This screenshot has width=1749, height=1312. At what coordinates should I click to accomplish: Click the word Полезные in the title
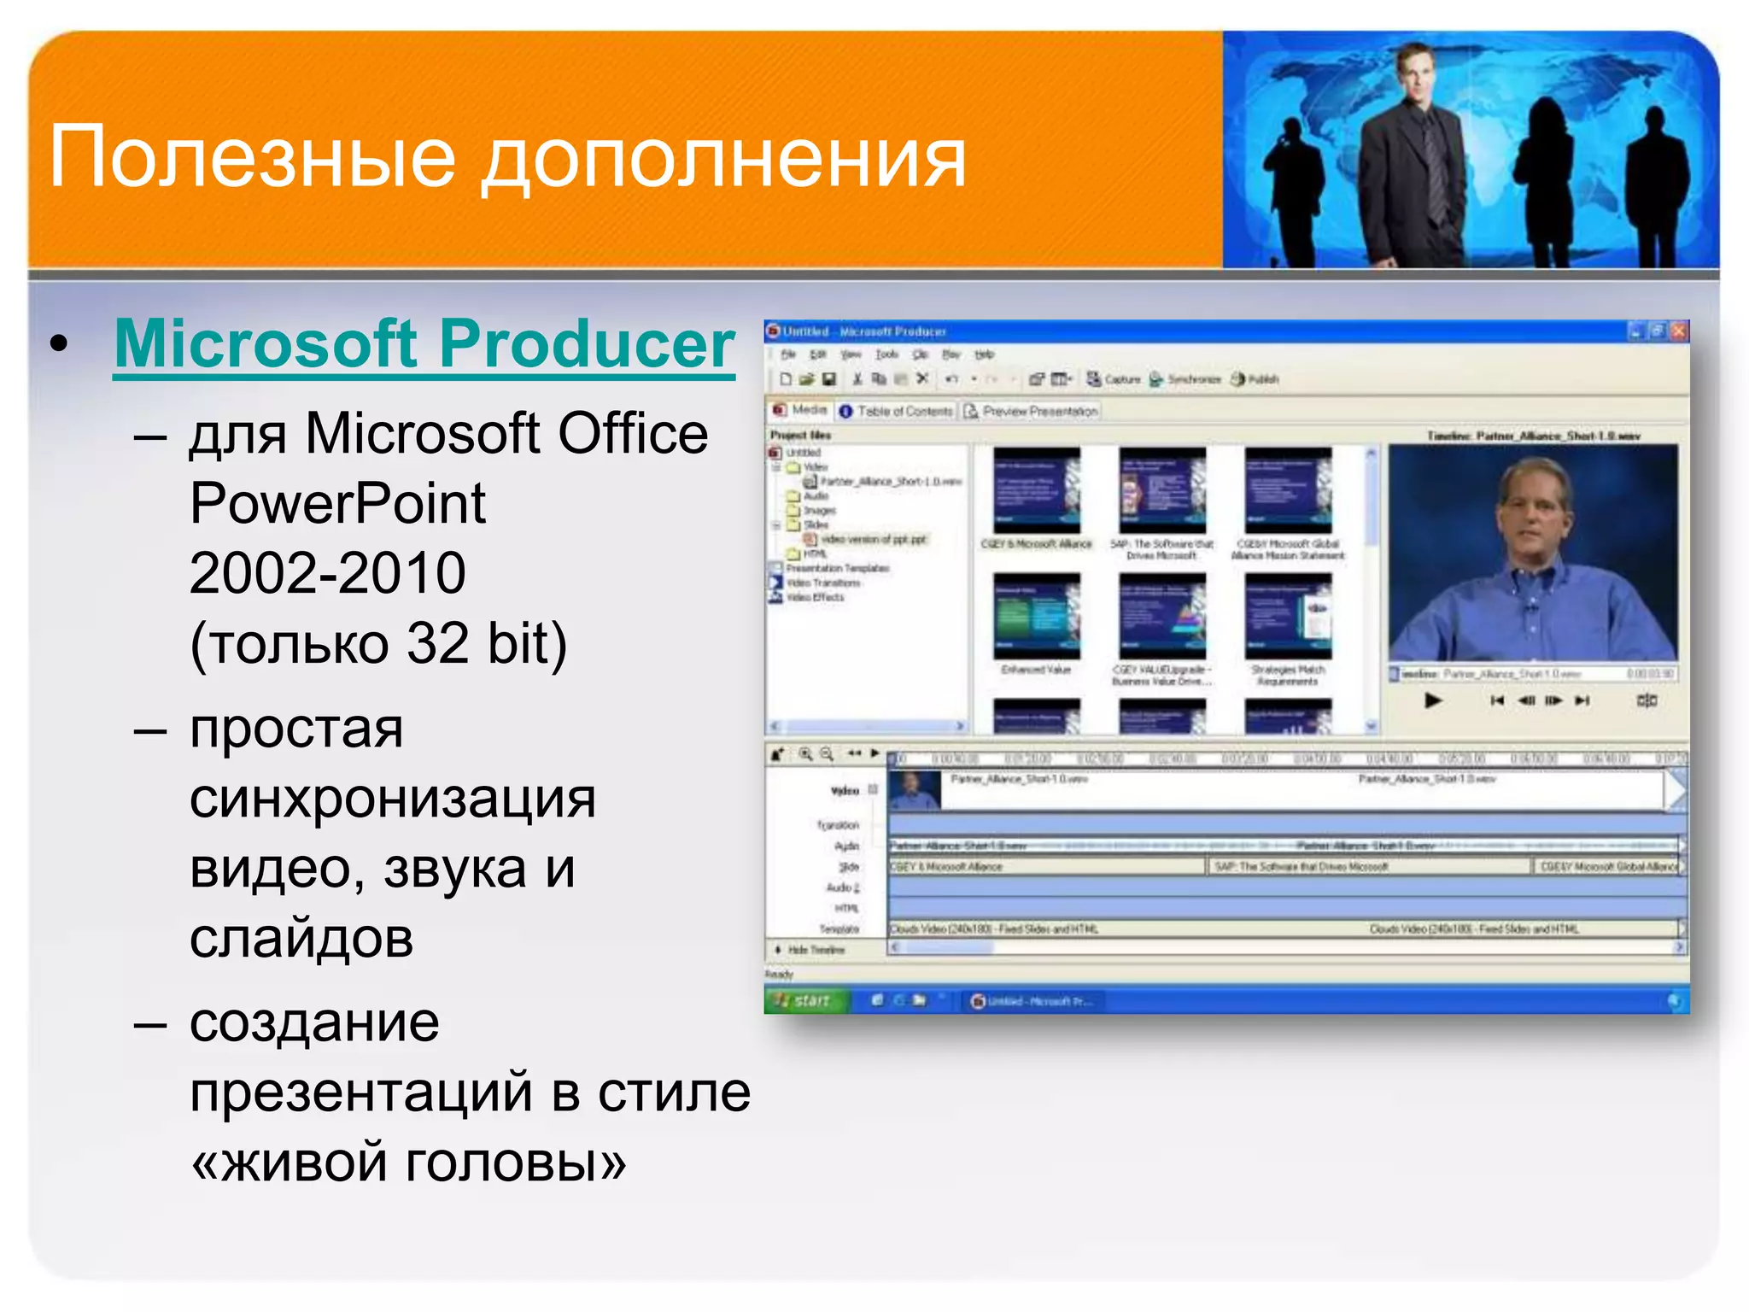(253, 157)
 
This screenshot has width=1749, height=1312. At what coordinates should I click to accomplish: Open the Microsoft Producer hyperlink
(424, 344)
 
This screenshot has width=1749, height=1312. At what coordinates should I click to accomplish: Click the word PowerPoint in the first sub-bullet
(337, 504)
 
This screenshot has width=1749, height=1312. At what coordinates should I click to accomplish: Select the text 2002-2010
(327, 573)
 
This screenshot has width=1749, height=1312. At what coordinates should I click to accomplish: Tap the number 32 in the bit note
(437, 643)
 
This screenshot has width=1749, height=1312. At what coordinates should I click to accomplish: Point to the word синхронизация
(392, 800)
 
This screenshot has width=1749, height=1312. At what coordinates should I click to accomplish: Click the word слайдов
(301, 940)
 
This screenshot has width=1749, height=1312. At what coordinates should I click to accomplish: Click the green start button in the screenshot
(804, 1000)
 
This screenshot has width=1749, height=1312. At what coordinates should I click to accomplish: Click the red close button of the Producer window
(1678, 331)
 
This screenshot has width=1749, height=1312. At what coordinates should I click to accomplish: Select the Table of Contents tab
(897, 412)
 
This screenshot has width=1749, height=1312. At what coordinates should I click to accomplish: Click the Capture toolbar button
(1114, 379)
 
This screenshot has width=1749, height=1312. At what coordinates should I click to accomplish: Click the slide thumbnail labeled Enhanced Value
(1036, 615)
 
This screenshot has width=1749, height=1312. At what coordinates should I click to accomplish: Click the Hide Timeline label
(816, 950)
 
